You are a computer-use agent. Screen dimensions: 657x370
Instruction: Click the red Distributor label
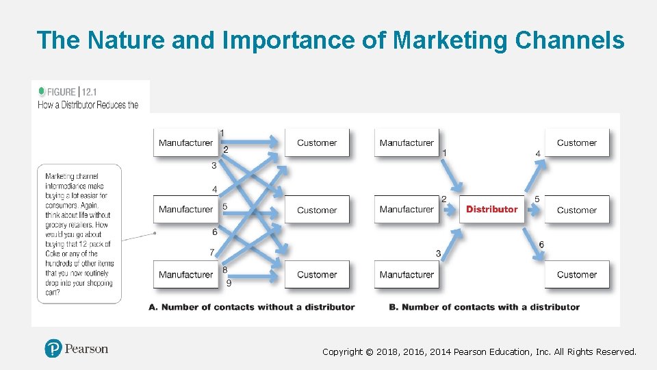(x=491, y=209)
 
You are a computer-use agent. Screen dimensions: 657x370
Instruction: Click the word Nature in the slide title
(x=118, y=40)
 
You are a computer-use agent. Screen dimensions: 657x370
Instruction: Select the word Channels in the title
(x=569, y=40)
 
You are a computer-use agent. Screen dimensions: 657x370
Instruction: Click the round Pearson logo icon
(x=53, y=349)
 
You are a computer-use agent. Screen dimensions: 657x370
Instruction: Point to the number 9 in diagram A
(x=229, y=282)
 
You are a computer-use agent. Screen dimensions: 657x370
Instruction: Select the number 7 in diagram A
(x=212, y=252)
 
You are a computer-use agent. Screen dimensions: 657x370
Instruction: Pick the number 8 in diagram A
(x=224, y=270)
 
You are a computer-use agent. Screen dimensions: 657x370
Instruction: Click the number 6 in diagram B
(x=541, y=245)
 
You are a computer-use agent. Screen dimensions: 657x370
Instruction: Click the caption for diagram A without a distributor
(x=251, y=307)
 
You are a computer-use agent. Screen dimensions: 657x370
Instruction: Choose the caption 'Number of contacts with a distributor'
(x=484, y=307)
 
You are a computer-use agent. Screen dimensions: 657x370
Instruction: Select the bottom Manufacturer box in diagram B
(x=407, y=275)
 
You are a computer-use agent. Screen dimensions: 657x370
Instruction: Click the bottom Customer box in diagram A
(x=317, y=275)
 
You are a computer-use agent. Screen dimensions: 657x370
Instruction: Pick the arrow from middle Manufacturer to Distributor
(x=450, y=209)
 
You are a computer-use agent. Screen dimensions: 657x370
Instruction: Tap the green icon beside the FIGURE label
(x=42, y=91)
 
